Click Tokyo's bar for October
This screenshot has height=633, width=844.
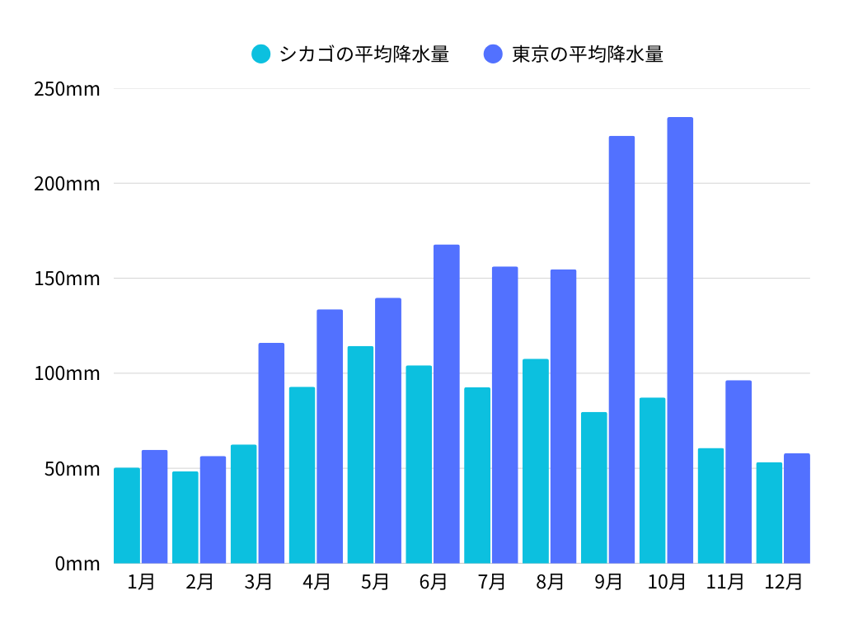[x=680, y=340]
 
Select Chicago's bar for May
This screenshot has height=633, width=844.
[x=360, y=455]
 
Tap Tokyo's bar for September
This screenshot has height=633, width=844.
[x=621, y=349]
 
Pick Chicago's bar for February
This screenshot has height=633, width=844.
[x=185, y=517]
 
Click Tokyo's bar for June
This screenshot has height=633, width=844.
[x=447, y=404]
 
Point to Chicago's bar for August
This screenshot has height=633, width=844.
[x=536, y=461]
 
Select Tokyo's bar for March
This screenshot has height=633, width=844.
[x=271, y=453]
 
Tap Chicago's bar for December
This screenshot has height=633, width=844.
[x=769, y=513]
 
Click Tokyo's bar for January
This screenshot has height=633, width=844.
[x=154, y=507]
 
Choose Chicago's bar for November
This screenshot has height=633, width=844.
[x=710, y=505]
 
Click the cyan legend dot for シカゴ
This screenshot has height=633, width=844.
[x=261, y=54]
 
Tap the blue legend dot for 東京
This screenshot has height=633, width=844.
[x=493, y=54]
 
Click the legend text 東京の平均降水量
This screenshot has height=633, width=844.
[x=588, y=54]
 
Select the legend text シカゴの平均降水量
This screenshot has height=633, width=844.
[x=364, y=54]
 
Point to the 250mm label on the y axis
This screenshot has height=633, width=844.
[x=67, y=89]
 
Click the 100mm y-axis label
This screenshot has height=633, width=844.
[x=67, y=373]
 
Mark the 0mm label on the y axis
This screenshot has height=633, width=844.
[x=77, y=564]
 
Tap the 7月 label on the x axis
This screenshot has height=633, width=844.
[x=491, y=582]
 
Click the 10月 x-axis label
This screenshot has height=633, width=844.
[x=666, y=582]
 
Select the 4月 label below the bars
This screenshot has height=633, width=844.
[x=316, y=582]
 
